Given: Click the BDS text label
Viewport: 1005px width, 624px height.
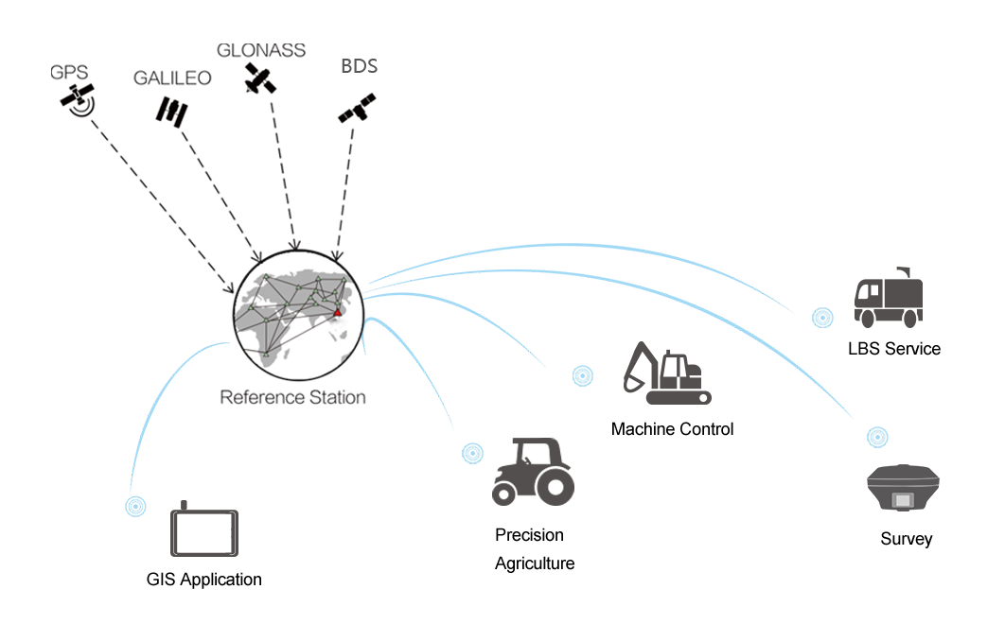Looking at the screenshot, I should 359,66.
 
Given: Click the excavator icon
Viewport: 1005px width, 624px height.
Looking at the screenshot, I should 666,373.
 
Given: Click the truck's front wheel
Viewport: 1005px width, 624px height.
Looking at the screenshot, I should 867,319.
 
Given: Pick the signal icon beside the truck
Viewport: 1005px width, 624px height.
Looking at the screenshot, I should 823,318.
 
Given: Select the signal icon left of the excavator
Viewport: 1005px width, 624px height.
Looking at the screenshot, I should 583,375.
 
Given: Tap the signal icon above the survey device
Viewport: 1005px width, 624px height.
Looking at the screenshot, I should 877,436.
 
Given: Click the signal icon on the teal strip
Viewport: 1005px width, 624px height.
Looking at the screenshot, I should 472,455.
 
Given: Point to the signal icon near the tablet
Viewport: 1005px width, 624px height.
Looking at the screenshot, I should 135,506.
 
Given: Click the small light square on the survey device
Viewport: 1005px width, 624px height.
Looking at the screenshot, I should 903,499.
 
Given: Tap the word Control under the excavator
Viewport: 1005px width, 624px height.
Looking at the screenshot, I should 704,429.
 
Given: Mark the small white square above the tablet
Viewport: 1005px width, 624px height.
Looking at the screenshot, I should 173,482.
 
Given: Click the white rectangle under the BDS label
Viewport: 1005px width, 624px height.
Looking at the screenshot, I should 344,80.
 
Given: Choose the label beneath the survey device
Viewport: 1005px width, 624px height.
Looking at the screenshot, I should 906,539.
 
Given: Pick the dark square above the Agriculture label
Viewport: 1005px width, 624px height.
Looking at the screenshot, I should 533,471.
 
